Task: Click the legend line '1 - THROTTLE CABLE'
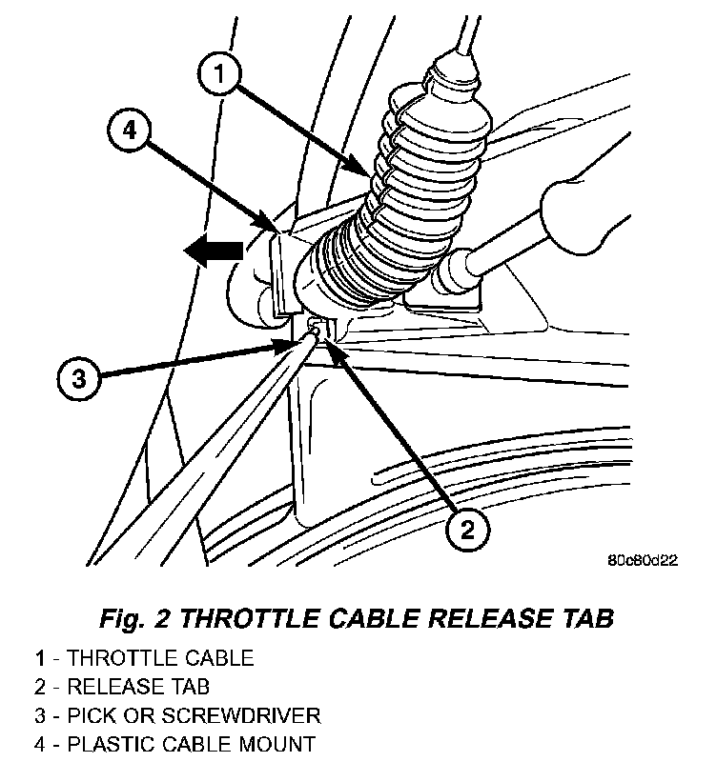coord(145,657)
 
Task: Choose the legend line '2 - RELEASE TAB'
coord(122,686)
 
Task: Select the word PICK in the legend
coord(85,714)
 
